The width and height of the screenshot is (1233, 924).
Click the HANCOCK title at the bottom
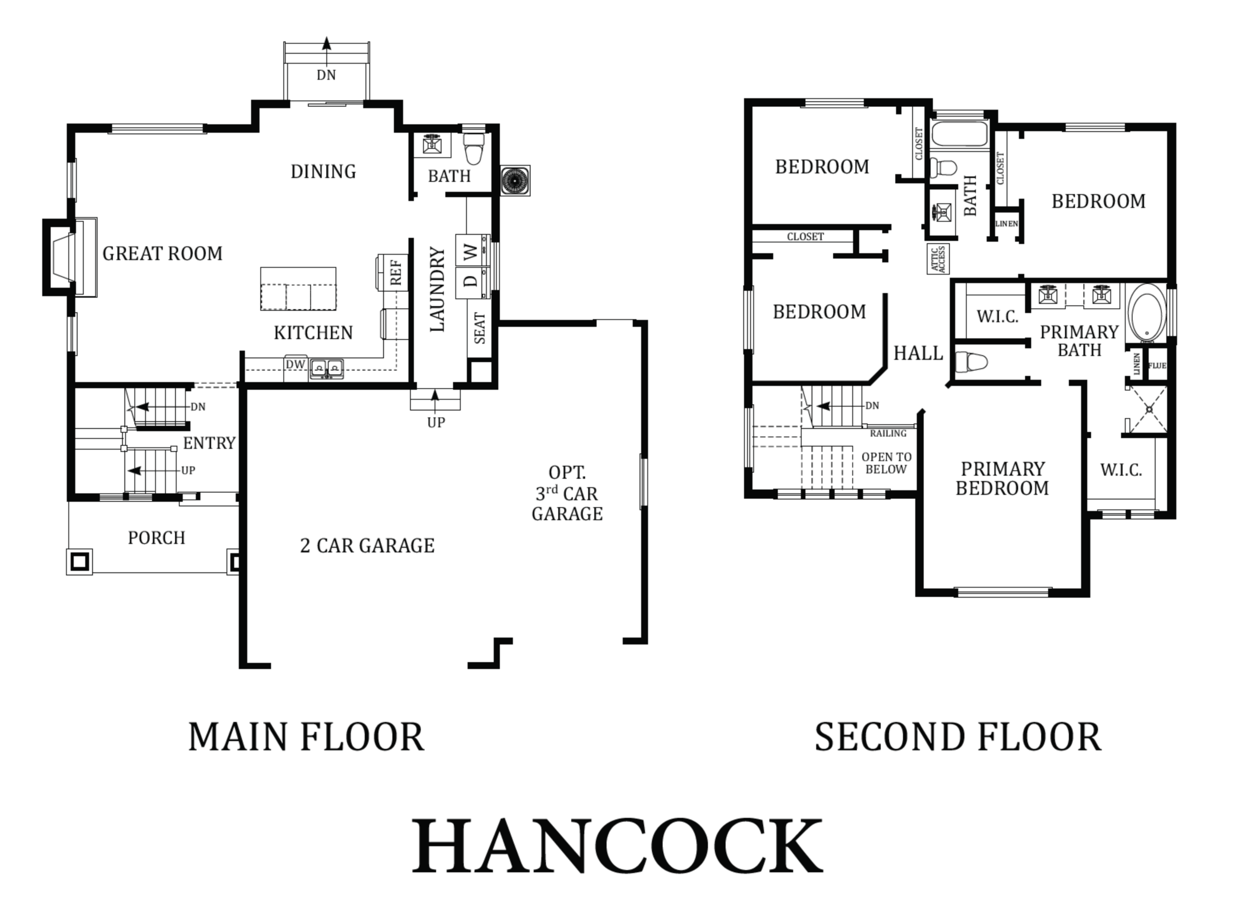pyautogui.click(x=617, y=846)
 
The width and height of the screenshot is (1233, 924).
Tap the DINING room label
pyautogui.click(x=323, y=171)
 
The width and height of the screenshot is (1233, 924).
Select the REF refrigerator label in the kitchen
pyautogui.click(x=396, y=272)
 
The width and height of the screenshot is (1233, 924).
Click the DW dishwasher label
pyautogui.click(x=295, y=364)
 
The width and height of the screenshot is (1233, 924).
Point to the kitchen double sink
pyautogui.click(x=327, y=369)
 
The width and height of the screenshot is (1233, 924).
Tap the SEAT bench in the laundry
pyautogui.click(x=479, y=329)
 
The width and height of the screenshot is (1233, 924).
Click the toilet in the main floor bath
pyautogui.click(x=473, y=148)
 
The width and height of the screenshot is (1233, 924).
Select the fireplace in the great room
pyautogui.click(x=70, y=257)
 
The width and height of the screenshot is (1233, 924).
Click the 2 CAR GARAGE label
pyautogui.click(x=367, y=546)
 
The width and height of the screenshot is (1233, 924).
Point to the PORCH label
pyautogui.click(x=157, y=538)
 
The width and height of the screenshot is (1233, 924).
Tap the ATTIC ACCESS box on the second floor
pyautogui.click(x=939, y=259)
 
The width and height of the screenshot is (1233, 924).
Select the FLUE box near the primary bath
pyautogui.click(x=1156, y=365)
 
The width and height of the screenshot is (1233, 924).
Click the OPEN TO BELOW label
pyautogui.click(x=886, y=463)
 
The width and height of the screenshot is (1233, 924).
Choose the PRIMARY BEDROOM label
pyautogui.click(x=1002, y=478)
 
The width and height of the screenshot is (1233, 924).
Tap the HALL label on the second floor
pyautogui.click(x=918, y=353)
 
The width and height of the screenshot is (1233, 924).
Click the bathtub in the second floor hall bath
pyautogui.click(x=959, y=133)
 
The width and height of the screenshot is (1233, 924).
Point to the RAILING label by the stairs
pyautogui.click(x=888, y=433)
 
